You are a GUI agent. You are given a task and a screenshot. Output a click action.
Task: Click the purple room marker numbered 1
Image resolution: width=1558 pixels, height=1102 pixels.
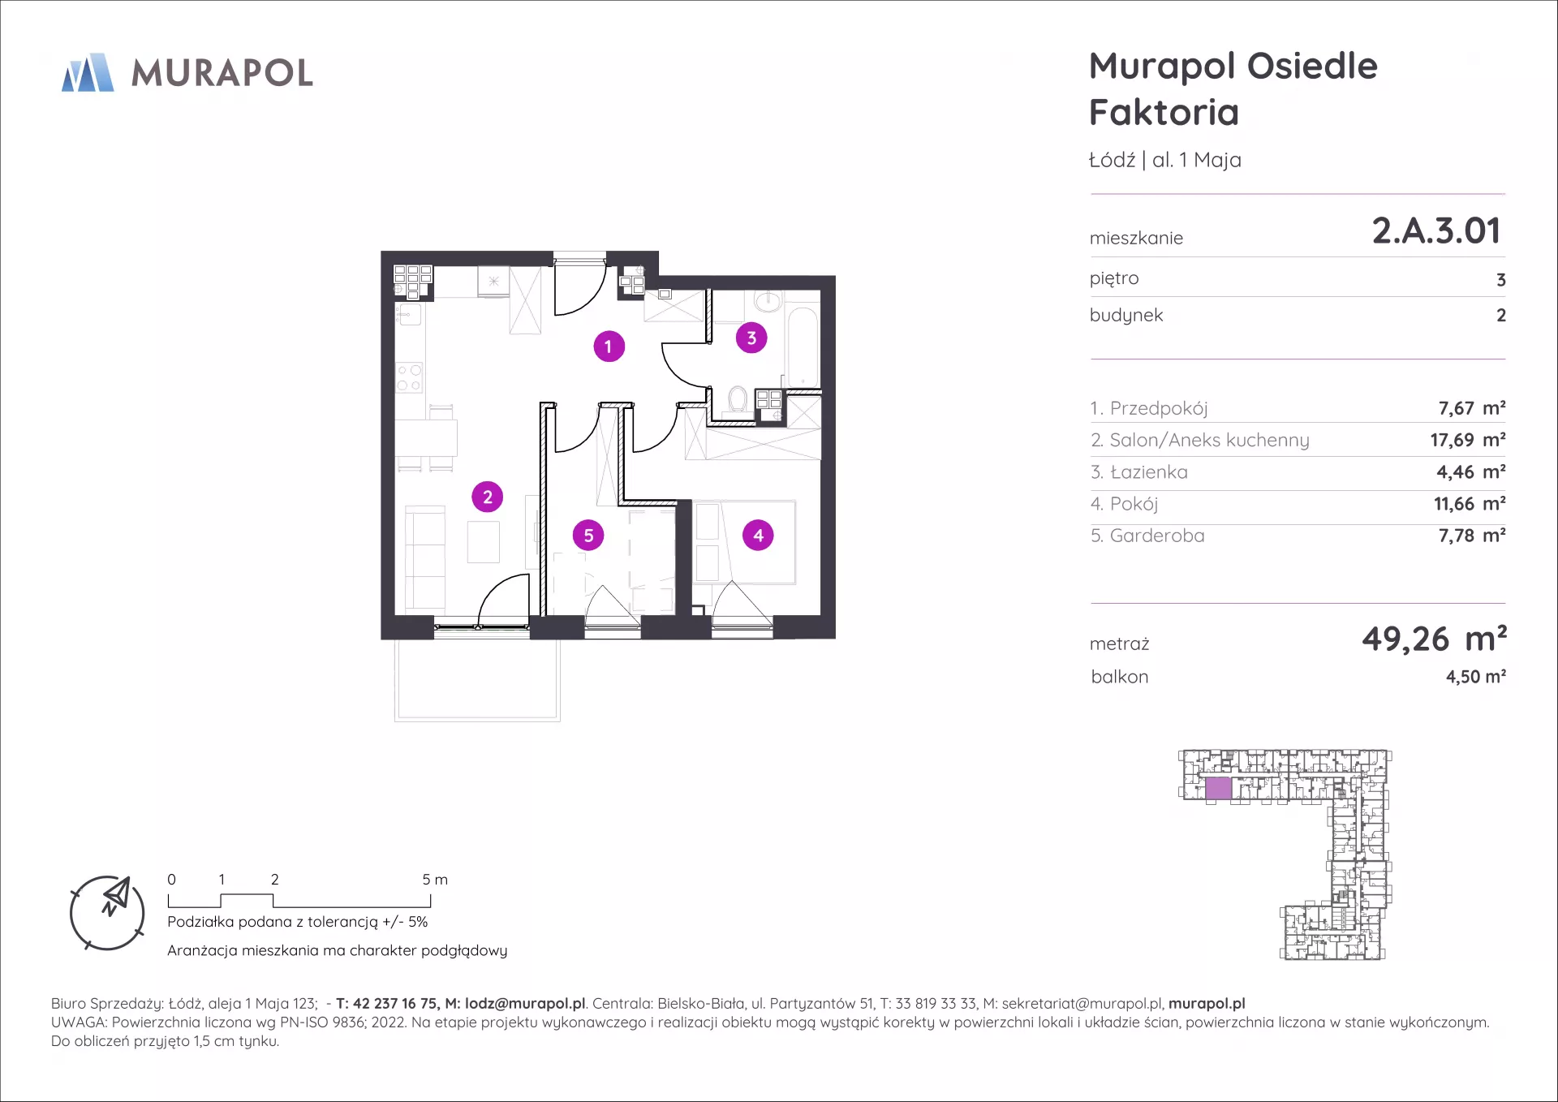point(609,347)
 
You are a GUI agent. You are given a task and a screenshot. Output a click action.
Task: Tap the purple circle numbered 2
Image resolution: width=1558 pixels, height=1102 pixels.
point(488,497)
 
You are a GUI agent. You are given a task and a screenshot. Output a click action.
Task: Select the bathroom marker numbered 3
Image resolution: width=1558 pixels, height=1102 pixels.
point(751,338)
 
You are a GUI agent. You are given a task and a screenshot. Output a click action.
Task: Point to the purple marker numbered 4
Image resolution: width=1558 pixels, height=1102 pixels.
point(758,536)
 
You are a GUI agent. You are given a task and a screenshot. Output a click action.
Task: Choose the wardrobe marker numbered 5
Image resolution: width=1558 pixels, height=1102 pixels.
point(588,536)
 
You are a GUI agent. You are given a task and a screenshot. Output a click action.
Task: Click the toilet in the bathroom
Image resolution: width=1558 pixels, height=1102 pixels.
point(738,399)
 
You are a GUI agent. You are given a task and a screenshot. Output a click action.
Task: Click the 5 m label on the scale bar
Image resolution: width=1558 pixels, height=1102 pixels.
point(435,880)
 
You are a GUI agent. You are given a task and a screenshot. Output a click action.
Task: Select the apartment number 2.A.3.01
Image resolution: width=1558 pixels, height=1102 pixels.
point(1436,230)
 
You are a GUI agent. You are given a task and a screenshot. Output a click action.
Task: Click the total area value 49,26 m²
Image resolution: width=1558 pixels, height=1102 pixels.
point(1434,639)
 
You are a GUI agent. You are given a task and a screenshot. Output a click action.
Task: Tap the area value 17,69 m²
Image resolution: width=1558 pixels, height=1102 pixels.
point(1468,440)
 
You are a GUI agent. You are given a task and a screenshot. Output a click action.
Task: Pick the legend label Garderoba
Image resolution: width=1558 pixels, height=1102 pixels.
point(1157,536)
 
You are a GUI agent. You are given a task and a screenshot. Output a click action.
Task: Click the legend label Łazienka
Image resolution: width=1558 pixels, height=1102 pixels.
point(1148,471)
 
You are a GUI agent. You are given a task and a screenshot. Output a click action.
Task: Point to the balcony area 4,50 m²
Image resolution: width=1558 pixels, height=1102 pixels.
point(1476,677)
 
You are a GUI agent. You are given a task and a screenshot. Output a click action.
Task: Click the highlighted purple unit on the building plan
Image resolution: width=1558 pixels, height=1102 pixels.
point(1218,788)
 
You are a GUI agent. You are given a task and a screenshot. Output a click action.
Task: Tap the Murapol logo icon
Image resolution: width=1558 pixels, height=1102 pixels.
point(88,72)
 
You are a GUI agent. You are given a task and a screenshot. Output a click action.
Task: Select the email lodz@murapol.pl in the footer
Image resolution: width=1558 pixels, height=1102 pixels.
point(525,1004)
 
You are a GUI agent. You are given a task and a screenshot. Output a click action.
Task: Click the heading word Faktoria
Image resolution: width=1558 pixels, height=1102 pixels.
point(1164,112)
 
